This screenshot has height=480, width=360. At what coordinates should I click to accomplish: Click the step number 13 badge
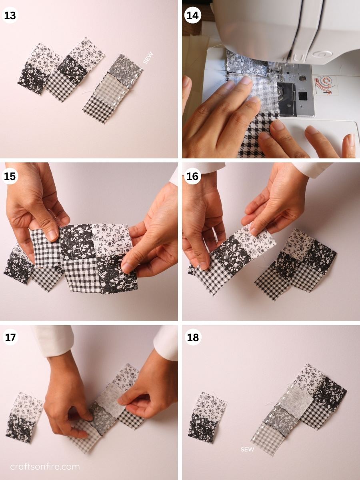pyautogui.click(x=10, y=16)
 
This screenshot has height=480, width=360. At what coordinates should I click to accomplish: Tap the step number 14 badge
pyautogui.click(x=192, y=16)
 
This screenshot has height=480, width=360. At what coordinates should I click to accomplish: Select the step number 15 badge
pyautogui.click(x=10, y=176)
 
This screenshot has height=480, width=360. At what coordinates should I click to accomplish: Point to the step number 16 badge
pyautogui.click(x=192, y=176)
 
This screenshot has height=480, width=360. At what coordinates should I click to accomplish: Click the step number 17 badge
pyautogui.click(x=10, y=337)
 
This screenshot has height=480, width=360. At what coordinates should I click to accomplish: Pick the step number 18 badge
pyautogui.click(x=192, y=337)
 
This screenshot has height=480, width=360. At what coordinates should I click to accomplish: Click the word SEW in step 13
pyautogui.click(x=148, y=58)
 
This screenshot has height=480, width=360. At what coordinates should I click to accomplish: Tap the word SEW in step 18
pyautogui.click(x=247, y=449)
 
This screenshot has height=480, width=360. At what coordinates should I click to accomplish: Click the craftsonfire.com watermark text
pyautogui.click(x=45, y=466)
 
